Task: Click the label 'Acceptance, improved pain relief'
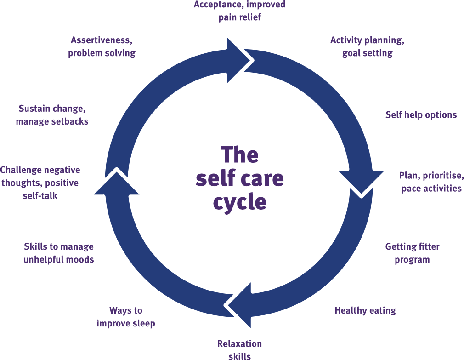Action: point(239,11)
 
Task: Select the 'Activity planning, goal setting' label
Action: point(367,46)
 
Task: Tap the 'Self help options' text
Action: point(421,115)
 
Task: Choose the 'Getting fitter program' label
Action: point(412,253)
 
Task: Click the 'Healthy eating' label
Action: point(365,310)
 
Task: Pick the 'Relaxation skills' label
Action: point(239,349)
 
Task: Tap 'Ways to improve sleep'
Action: point(125,317)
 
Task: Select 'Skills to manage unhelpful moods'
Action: point(59,253)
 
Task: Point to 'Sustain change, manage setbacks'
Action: point(51,115)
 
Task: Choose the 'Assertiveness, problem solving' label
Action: point(102,46)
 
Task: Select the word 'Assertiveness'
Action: point(101,40)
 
